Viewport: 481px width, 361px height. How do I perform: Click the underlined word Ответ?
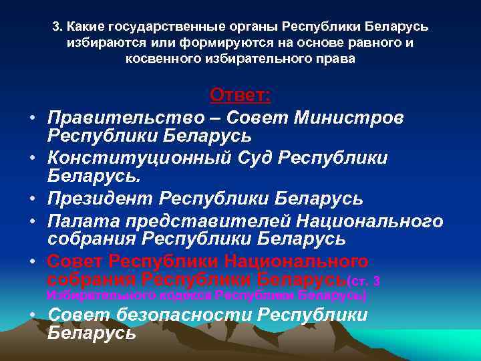[240, 95]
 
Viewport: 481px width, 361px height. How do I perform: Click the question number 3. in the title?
[56, 27]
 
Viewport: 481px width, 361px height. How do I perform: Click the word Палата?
[79, 220]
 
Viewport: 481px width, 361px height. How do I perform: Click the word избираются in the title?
[98, 43]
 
